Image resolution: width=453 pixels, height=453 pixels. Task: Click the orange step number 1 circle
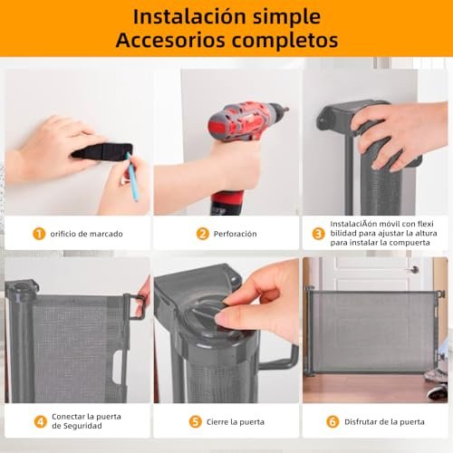[39, 234]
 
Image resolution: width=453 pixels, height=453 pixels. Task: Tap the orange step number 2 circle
[203, 234]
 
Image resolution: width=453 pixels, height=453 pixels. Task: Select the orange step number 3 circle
[318, 234]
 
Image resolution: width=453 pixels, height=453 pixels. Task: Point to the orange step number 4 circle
[41, 421]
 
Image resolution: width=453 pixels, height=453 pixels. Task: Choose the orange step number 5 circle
[196, 422]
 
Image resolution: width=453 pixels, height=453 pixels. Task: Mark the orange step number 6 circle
[333, 422]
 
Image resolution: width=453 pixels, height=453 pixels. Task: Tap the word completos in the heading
[284, 41]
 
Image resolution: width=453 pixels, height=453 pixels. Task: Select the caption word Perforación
[235, 234]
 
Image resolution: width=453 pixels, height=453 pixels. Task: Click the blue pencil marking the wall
[132, 177]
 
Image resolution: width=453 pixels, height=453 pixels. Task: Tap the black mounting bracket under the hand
[102, 151]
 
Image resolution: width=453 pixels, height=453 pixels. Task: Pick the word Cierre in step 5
[217, 422]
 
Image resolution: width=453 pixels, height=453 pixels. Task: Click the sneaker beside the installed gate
[438, 391]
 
